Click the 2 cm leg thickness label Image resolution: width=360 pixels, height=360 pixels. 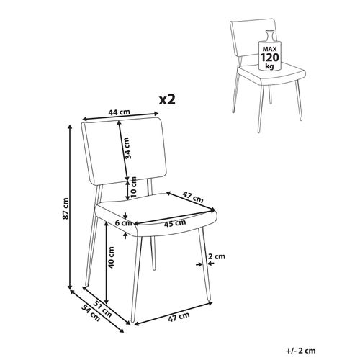pyautogui.click(x=216, y=256)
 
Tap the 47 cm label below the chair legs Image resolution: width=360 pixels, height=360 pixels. pyautogui.click(x=177, y=315)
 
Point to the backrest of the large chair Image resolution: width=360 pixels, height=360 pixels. pyautogui.click(x=108, y=151)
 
